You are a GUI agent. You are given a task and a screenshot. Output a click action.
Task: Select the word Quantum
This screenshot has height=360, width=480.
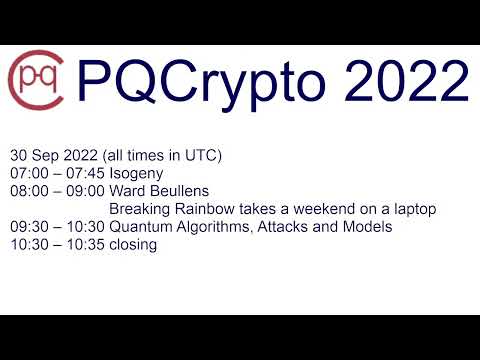tap(140, 227)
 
